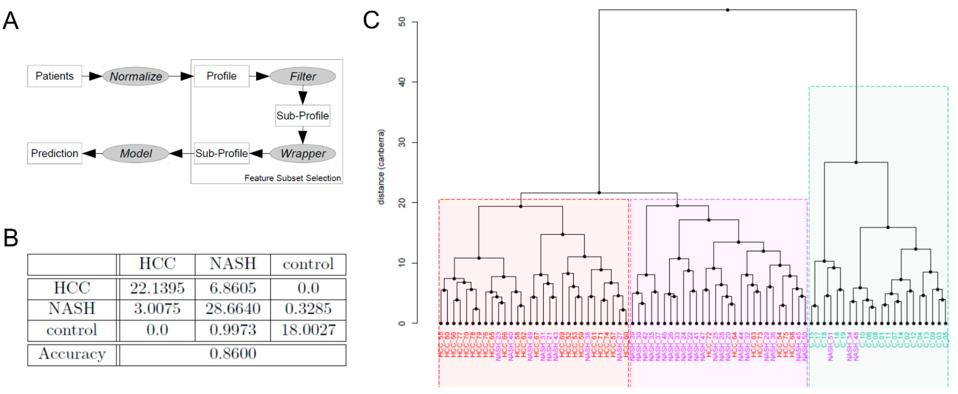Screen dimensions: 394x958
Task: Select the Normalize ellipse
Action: point(136,76)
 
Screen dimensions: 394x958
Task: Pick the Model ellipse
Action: point(136,153)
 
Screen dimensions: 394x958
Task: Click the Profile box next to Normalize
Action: point(221,76)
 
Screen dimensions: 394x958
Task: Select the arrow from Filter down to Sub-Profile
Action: point(303,95)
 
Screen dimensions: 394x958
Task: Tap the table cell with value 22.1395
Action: point(157,288)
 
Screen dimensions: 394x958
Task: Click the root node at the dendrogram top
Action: point(727,10)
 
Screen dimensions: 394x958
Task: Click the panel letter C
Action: point(371,20)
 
